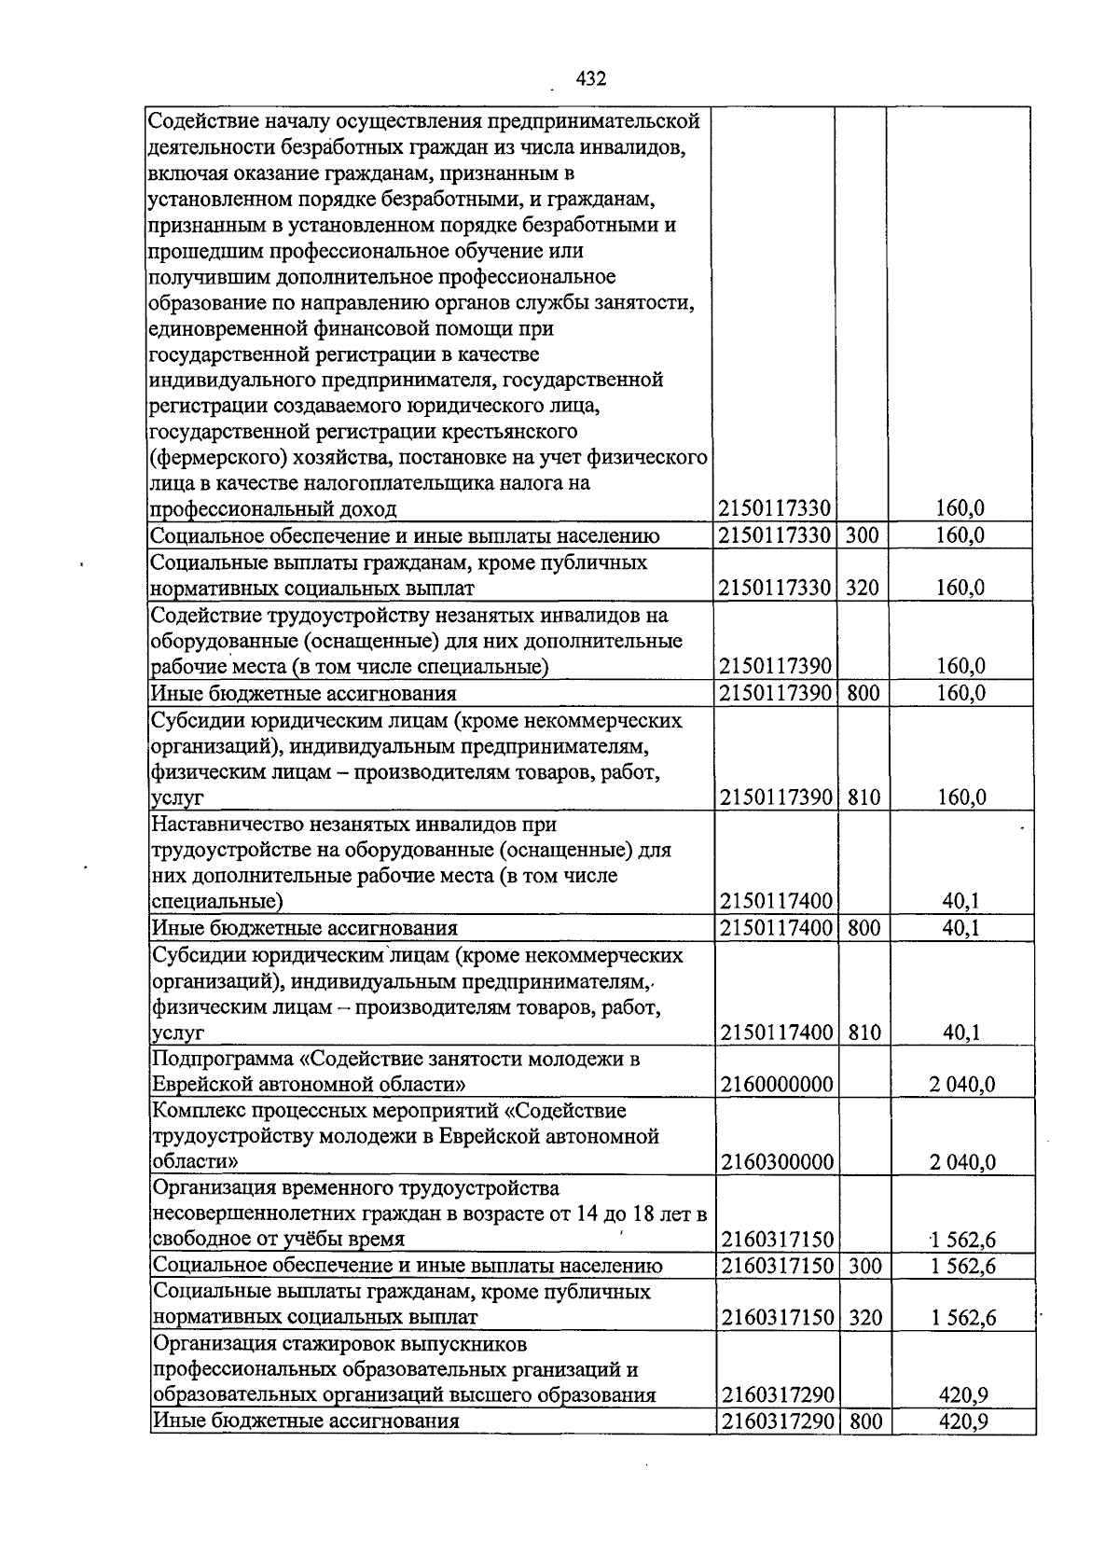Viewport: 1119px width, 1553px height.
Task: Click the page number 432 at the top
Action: pyautogui.click(x=591, y=79)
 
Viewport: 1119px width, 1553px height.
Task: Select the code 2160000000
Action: pyautogui.click(x=776, y=1084)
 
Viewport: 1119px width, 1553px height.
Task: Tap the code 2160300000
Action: pyautogui.click(x=776, y=1161)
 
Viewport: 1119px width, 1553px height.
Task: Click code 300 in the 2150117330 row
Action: pyautogui.click(x=863, y=535)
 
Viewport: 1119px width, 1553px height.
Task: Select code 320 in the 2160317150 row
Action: pyautogui.click(x=865, y=1318)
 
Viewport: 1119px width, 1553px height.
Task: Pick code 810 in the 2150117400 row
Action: pyautogui.click(x=864, y=1033)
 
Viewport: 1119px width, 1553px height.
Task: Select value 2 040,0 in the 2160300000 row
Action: pyautogui.click(x=962, y=1161)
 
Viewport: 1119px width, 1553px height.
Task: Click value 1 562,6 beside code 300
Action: pyautogui.click(x=963, y=1266)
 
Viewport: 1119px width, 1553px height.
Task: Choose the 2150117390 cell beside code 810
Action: pyautogui.click(x=776, y=797)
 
